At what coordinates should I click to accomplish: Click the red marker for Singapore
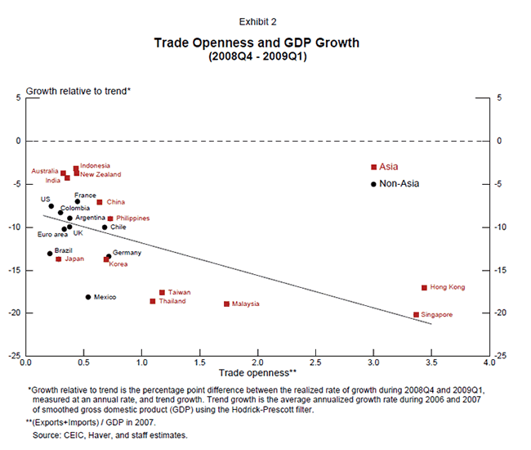(x=416, y=315)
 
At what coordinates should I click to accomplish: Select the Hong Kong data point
(x=424, y=288)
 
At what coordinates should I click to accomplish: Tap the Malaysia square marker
(x=226, y=304)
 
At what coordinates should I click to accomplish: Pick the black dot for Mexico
(x=88, y=297)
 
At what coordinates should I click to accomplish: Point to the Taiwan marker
(x=162, y=292)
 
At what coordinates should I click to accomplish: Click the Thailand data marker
(x=152, y=301)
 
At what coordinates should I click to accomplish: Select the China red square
(x=100, y=202)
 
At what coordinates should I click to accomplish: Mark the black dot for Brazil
(x=50, y=254)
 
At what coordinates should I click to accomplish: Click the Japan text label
(x=74, y=259)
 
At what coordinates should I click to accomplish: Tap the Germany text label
(x=127, y=253)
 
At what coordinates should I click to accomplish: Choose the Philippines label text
(x=134, y=218)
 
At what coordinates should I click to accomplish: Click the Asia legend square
(x=373, y=167)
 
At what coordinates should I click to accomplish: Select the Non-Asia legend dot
(x=373, y=184)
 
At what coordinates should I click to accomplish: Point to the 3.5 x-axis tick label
(x=431, y=361)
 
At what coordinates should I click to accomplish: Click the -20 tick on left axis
(x=15, y=313)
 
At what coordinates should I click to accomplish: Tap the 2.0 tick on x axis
(x=257, y=361)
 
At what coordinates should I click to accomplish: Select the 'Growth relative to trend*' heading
(x=78, y=91)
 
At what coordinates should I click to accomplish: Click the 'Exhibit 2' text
(x=257, y=21)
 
